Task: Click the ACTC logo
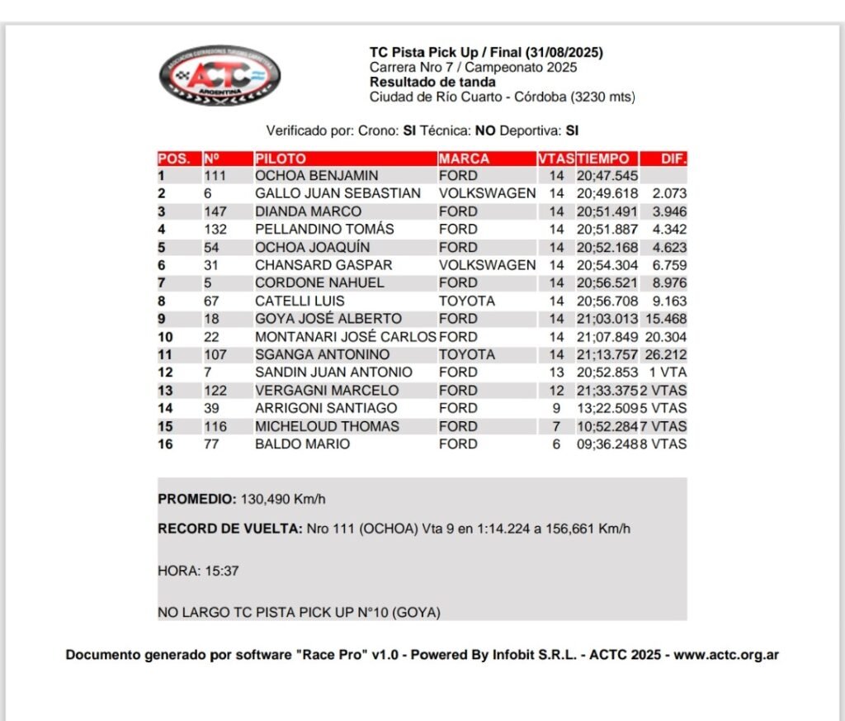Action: point(220,76)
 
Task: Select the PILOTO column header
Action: point(281,159)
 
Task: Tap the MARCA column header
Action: point(464,159)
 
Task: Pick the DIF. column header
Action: point(673,159)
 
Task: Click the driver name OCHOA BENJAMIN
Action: point(316,176)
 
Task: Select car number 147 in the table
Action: point(215,211)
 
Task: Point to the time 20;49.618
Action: point(607,193)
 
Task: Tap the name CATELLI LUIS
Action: point(300,301)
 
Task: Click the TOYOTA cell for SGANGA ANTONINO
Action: point(467,354)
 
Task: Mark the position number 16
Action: point(165,444)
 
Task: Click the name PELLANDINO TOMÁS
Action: point(324,229)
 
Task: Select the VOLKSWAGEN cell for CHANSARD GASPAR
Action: point(487,265)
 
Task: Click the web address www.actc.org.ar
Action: point(726,655)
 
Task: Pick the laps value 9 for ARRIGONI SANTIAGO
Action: point(556,408)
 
